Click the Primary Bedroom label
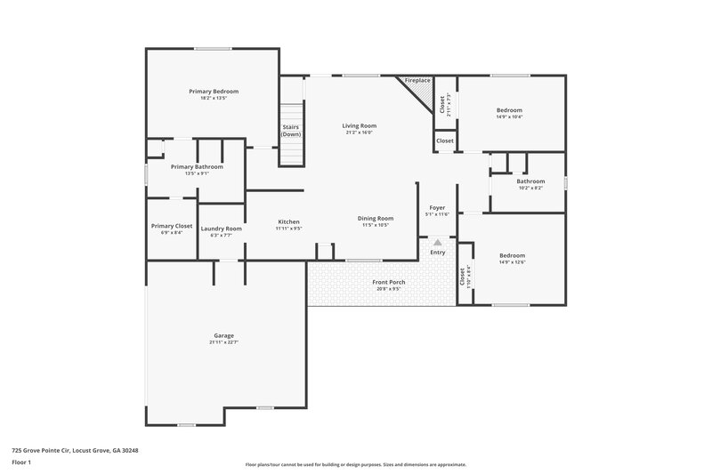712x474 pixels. (x=214, y=91)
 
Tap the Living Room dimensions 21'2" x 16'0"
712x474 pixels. (x=360, y=133)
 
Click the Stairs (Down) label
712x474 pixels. (x=291, y=131)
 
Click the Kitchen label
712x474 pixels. (x=288, y=221)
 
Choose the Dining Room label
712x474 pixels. (x=376, y=218)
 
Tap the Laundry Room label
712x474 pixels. (x=222, y=229)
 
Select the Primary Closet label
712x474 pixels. (x=172, y=226)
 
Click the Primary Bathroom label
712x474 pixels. (x=197, y=166)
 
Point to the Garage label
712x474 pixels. (x=223, y=335)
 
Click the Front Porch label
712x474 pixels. (x=388, y=282)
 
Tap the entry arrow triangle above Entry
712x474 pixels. (x=437, y=241)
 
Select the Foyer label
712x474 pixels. (x=437, y=207)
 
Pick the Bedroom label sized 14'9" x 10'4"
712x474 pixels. (x=509, y=110)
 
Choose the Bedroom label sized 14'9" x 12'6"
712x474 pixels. (x=512, y=255)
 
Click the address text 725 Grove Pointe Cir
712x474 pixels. (x=75, y=450)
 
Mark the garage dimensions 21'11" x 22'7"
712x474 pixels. (x=223, y=341)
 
